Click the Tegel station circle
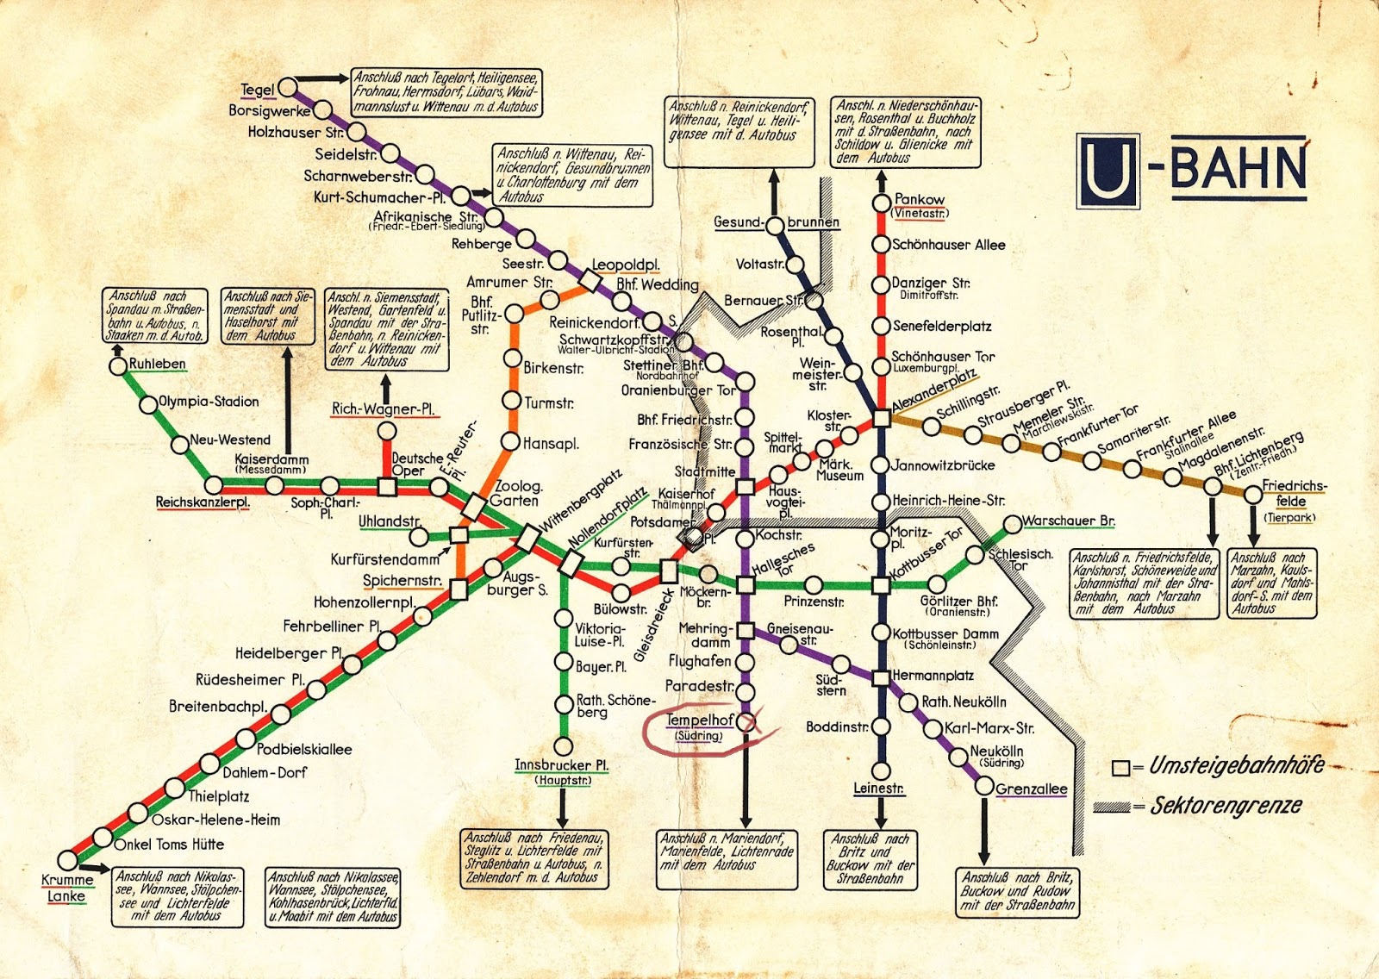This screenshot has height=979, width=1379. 287,88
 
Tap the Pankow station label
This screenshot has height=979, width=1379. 919,199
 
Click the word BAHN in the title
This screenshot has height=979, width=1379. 1238,168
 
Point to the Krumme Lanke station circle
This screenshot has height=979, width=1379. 67,859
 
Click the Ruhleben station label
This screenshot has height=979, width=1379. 157,364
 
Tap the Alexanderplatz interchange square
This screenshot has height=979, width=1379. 881,419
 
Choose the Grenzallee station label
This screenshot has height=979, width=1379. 1031,789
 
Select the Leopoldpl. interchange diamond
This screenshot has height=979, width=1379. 591,281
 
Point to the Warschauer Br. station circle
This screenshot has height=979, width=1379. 1013,525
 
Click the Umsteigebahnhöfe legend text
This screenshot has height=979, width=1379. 1236,765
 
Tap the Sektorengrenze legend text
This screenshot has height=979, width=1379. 1226,806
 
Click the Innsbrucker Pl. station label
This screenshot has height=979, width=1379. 562,764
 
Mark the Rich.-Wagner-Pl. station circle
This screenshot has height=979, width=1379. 387,431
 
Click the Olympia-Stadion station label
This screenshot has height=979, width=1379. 209,402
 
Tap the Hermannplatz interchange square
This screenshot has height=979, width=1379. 881,677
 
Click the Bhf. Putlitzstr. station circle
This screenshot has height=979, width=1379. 515,313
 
